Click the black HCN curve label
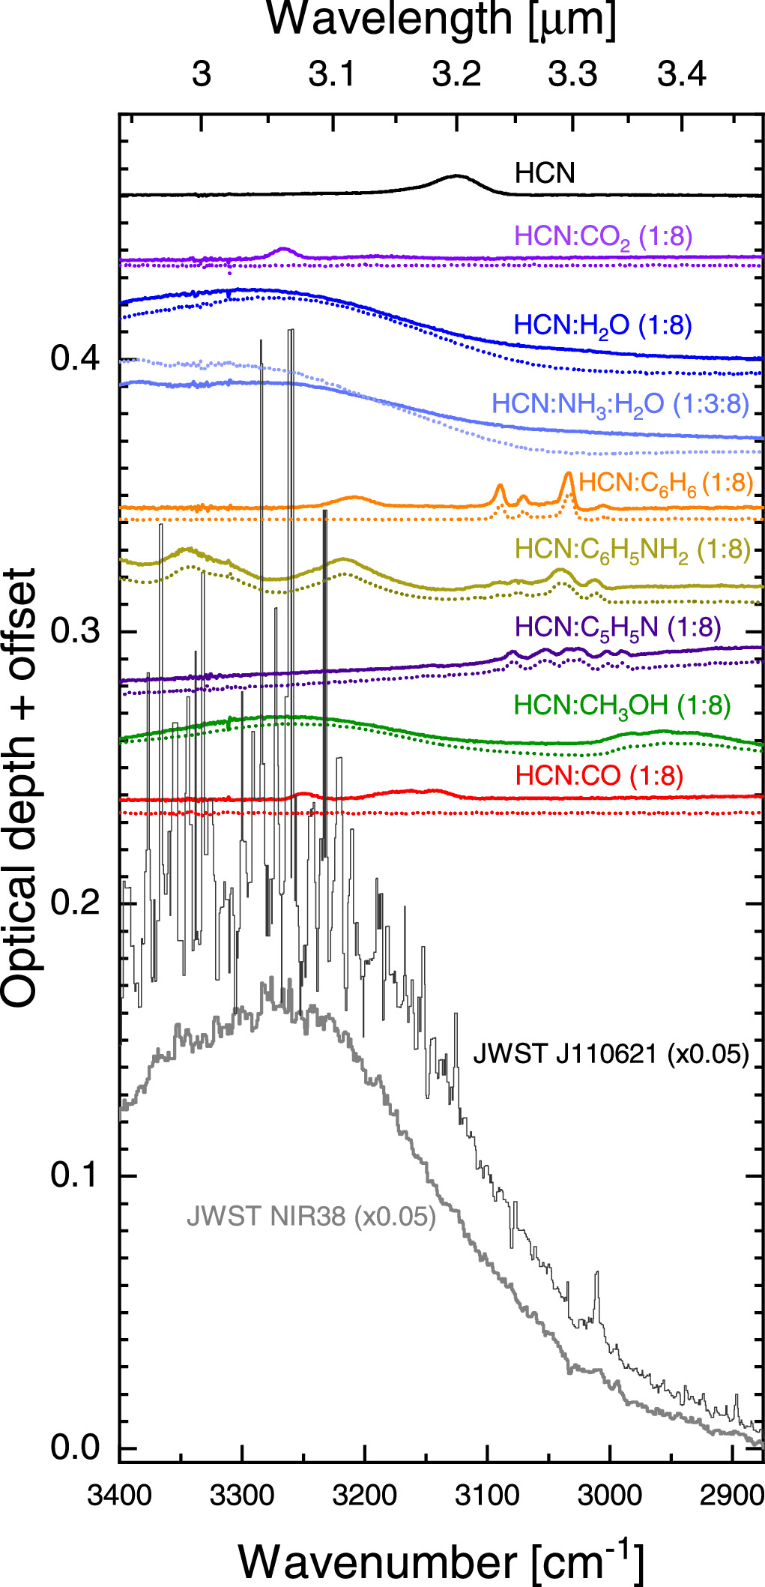(545, 173)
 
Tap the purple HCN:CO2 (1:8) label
(603, 237)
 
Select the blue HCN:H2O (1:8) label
(602, 325)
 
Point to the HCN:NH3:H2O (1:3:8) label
(620, 404)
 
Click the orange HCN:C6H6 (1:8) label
(665, 483)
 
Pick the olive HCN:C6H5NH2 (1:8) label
(632, 549)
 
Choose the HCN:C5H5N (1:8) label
(617, 627)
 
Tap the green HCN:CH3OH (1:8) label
(622, 705)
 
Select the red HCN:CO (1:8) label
(599, 776)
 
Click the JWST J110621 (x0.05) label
(611, 1054)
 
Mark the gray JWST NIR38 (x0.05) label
(311, 1216)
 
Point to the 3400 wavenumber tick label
(120, 1496)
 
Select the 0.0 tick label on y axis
(75, 1447)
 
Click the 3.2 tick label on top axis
(456, 74)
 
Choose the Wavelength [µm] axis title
(442, 20)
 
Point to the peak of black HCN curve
(456, 176)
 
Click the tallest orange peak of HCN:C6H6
(568, 473)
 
